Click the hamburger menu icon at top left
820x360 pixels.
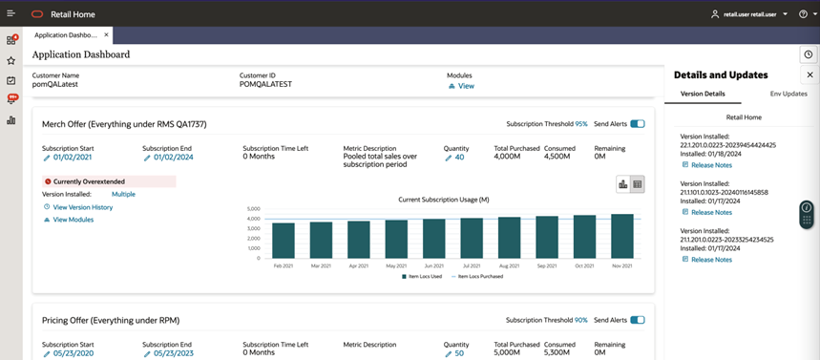pyautogui.click(x=11, y=13)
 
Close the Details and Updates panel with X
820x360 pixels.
pyautogui.click(x=809, y=74)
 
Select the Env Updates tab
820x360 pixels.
pyautogui.click(x=788, y=94)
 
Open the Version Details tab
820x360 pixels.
pyautogui.click(x=702, y=94)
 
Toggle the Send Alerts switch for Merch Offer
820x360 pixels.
pyautogui.click(x=637, y=124)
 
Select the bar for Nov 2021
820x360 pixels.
pyautogui.click(x=622, y=236)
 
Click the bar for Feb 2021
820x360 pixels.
pyautogui.click(x=284, y=241)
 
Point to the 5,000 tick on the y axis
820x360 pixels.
pyautogui.click(x=253, y=208)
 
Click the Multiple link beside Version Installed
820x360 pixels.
pyautogui.click(x=123, y=194)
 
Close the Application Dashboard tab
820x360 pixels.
pyautogui.click(x=107, y=35)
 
